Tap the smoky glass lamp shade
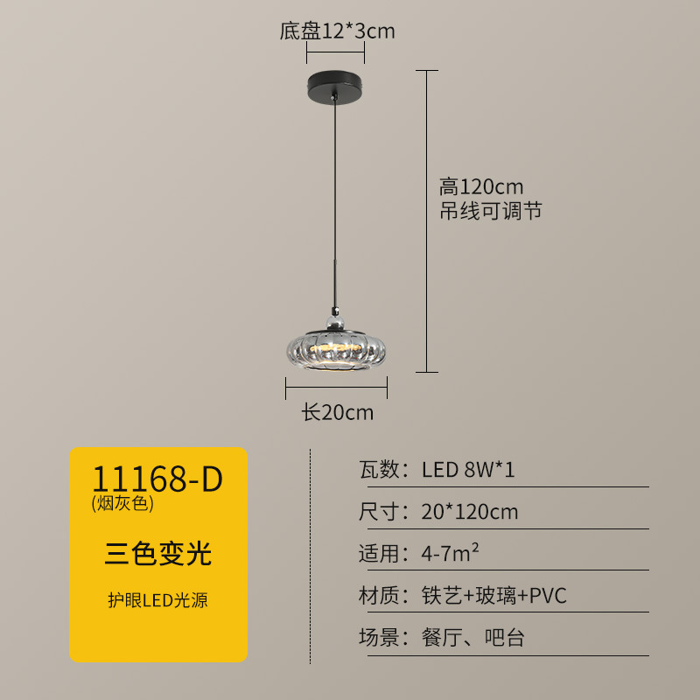(x=336, y=351)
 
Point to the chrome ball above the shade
(x=335, y=321)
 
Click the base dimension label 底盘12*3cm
(x=337, y=31)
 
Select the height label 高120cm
(x=480, y=186)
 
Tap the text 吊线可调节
(x=491, y=211)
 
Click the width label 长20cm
(x=338, y=412)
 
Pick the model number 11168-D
(x=157, y=479)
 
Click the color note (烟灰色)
(x=122, y=503)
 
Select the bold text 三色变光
(x=158, y=553)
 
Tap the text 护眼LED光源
(x=158, y=600)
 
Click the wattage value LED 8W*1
(x=468, y=470)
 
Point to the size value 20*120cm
(x=470, y=512)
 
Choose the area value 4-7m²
(x=450, y=553)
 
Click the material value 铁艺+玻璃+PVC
(x=494, y=595)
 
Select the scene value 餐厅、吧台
(x=473, y=637)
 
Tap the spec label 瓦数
(x=379, y=470)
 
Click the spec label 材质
(x=379, y=595)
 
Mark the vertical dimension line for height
(x=426, y=221)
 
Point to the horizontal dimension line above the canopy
(x=335, y=52)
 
